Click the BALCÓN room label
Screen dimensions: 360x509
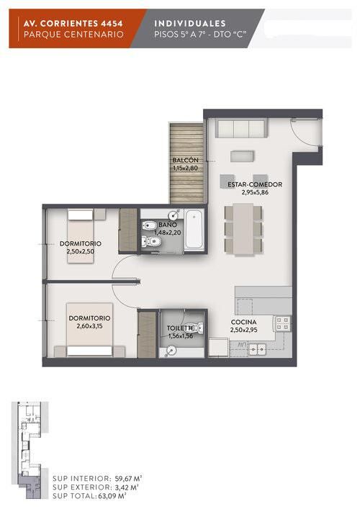click(x=185, y=161)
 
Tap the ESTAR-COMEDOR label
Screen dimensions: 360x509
click(x=255, y=184)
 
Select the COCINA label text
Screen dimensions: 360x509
click(x=244, y=322)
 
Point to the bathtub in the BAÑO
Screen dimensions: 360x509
click(x=194, y=230)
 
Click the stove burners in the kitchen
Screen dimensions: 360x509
click(x=282, y=324)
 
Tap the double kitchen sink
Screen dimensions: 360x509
click(x=258, y=349)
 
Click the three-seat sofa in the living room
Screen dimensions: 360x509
click(x=241, y=128)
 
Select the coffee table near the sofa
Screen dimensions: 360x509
click(x=242, y=156)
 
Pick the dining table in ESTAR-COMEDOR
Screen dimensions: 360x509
click(x=243, y=230)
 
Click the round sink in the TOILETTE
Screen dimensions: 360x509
click(x=171, y=351)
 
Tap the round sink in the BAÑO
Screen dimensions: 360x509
click(x=174, y=215)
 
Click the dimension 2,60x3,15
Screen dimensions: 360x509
click(x=89, y=326)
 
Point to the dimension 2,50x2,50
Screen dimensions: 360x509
click(x=81, y=251)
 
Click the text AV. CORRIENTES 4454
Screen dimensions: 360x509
click(x=73, y=23)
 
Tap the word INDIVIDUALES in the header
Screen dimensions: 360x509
click(x=190, y=23)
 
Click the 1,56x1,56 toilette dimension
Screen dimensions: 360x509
click(x=181, y=336)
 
